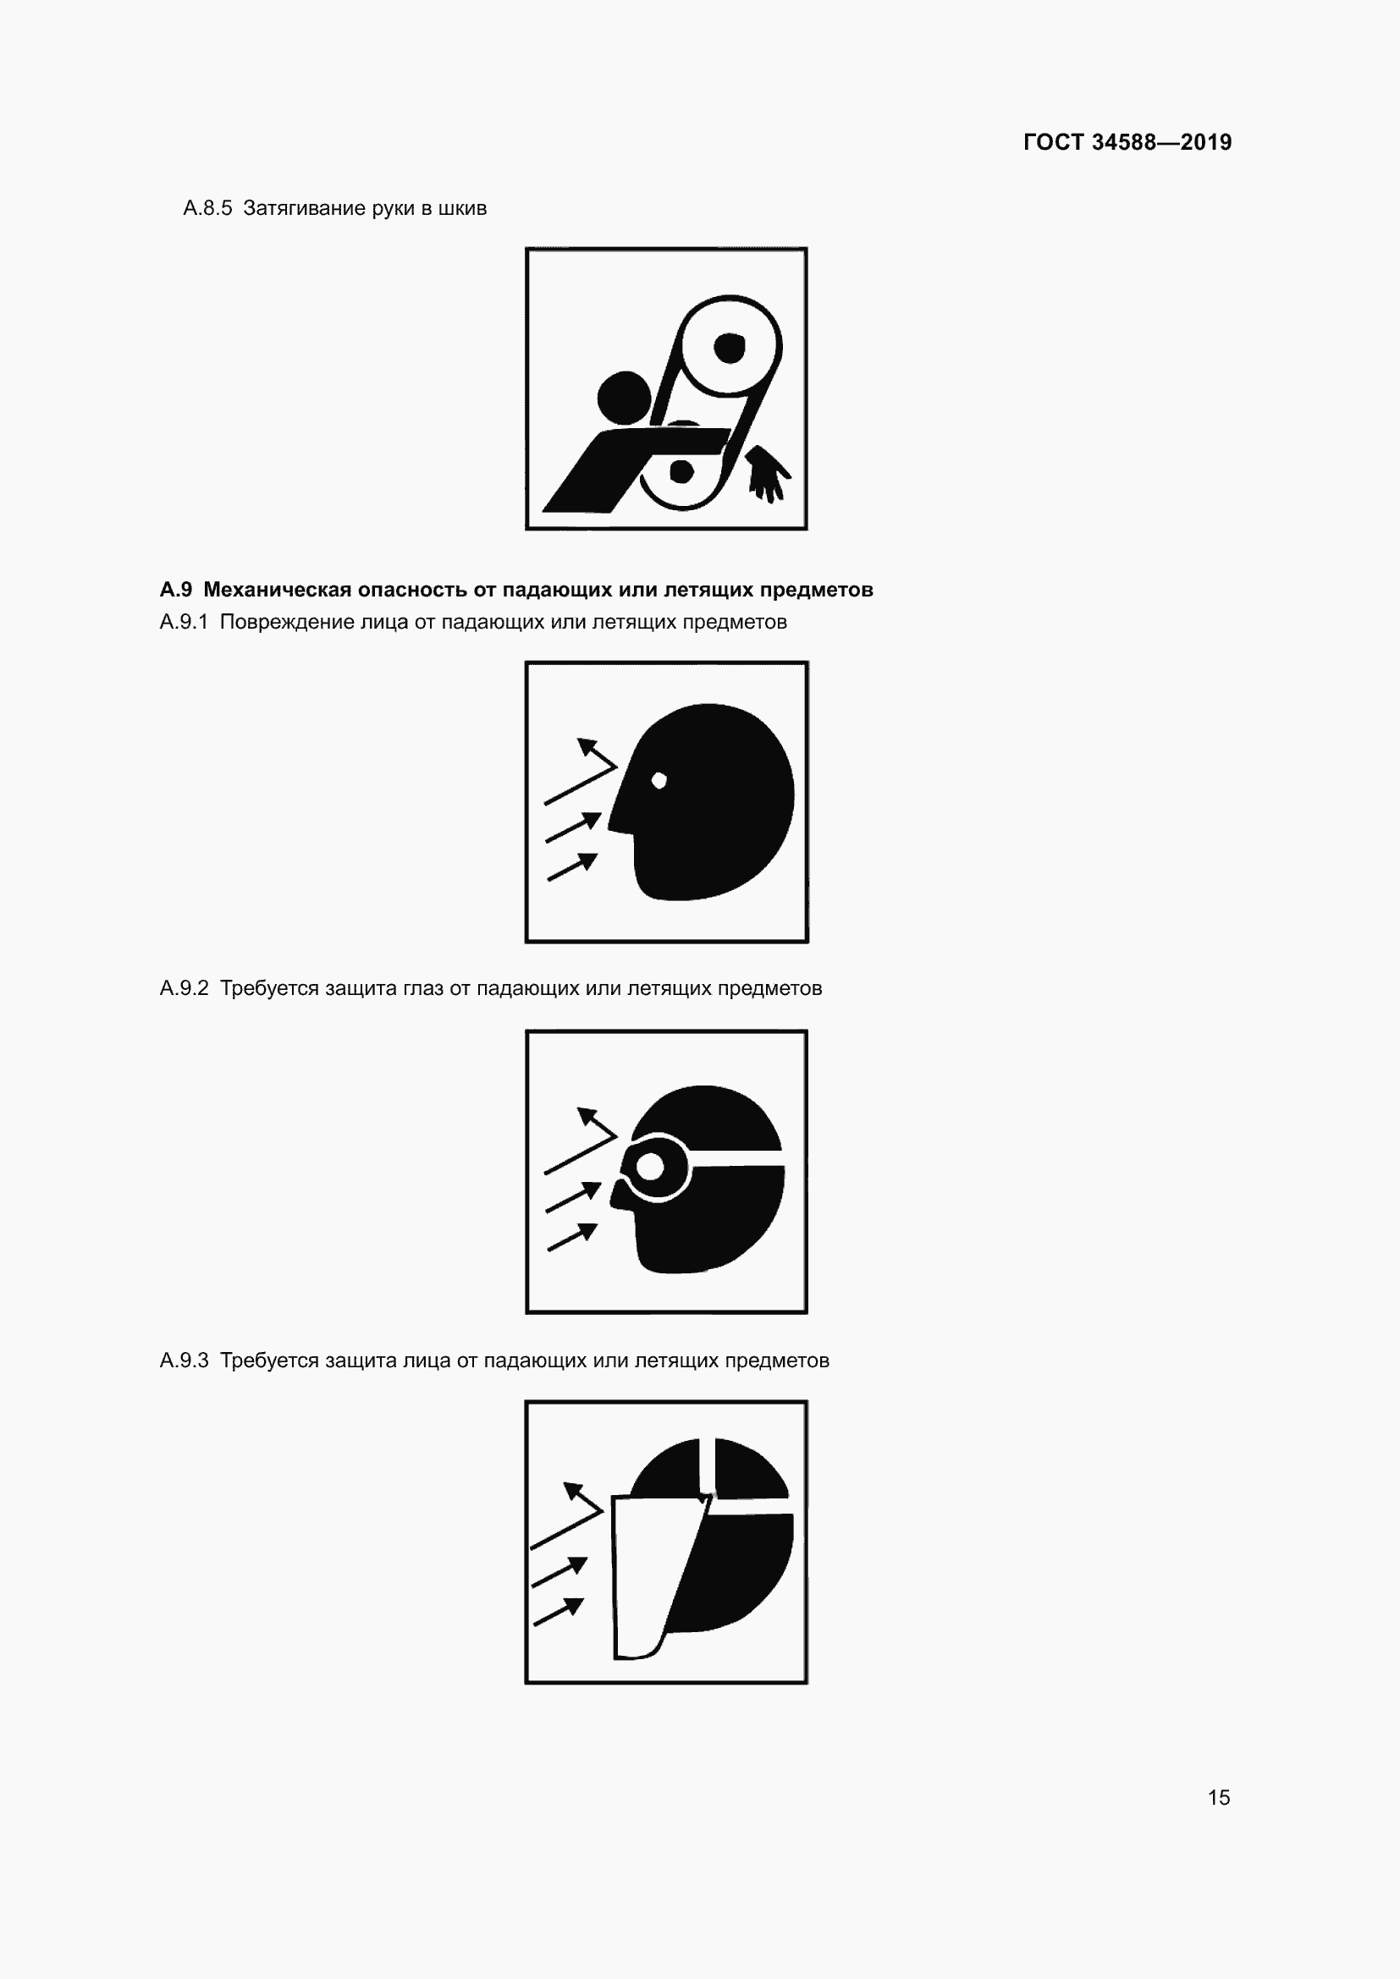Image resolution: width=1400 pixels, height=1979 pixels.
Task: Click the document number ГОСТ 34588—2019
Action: pyautogui.click(x=1127, y=142)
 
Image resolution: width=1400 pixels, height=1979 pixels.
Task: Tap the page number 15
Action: pyautogui.click(x=1219, y=1797)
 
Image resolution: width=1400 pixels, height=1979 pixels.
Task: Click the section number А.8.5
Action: pyautogui.click(x=207, y=208)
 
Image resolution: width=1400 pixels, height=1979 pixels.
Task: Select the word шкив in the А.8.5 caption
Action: pyautogui.click(x=463, y=209)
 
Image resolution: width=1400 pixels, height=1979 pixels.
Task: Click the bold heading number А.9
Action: pyautogui.click(x=176, y=590)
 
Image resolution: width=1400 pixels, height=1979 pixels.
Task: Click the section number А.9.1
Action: pyautogui.click(x=185, y=622)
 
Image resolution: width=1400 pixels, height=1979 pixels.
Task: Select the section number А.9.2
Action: pyautogui.click(x=185, y=987)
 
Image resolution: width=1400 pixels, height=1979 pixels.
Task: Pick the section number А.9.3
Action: pyautogui.click(x=185, y=1361)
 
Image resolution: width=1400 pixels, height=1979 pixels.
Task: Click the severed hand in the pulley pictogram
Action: pyautogui.click(x=767, y=473)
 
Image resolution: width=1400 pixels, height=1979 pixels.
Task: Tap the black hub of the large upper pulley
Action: pyautogui.click(x=730, y=349)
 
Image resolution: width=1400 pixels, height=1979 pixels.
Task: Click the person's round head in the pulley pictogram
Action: pyautogui.click(x=623, y=398)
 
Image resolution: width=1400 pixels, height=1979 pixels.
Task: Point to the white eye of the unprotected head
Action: pyautogui.click(x=659, y=781)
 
